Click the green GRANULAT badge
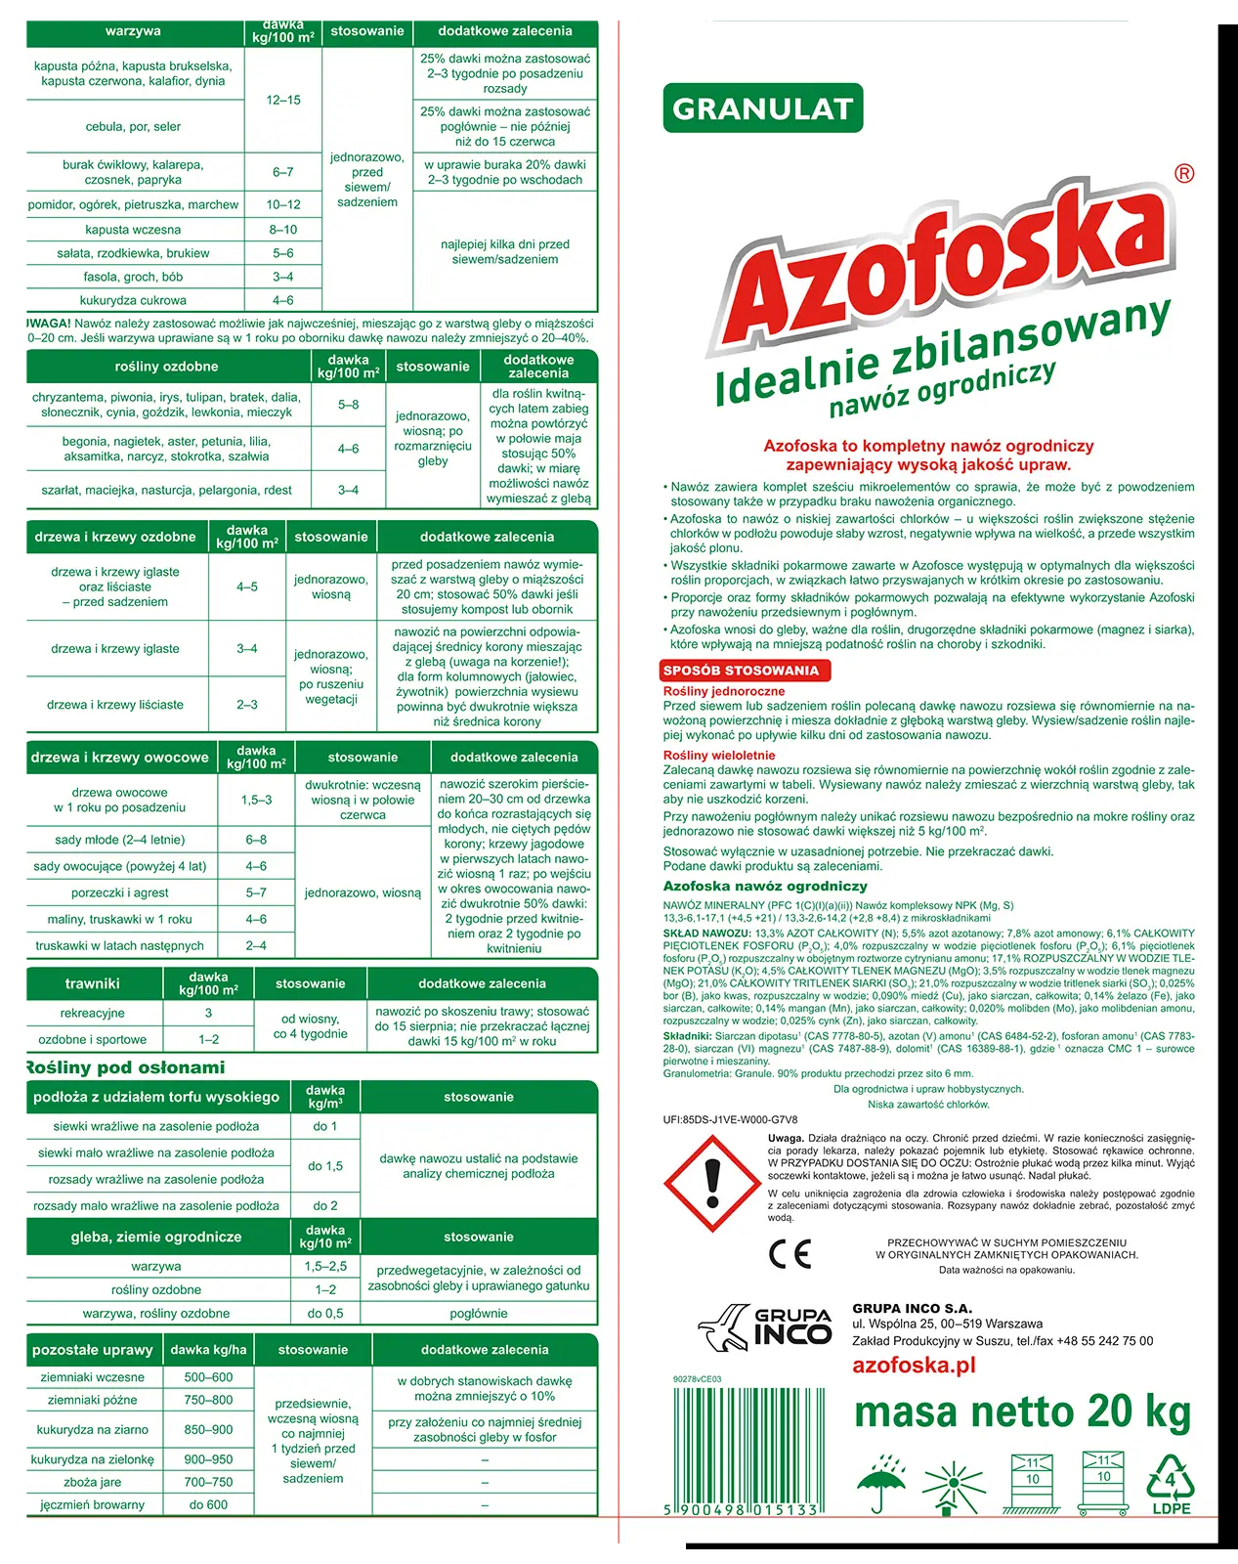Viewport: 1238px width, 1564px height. (x=762, y=109)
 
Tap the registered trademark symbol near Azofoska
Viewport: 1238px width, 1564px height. (x=1183, y=174)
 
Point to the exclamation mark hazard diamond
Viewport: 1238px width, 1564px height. (x=711, y=1183)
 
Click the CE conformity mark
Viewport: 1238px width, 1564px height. (x=790, y=1254)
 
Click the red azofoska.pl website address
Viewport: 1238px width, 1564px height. (x=914, y=1366)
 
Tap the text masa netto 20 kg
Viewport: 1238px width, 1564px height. (x=1022, y=1412)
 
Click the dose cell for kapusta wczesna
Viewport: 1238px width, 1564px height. (x=283, y=230)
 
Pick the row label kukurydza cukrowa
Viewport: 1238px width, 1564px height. (x=133, y=300)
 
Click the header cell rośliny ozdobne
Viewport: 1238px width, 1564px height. (x=166, y=367)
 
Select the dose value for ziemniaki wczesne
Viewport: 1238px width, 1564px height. (x=208, y=1377)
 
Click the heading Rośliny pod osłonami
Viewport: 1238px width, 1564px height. (x=124, y=1067)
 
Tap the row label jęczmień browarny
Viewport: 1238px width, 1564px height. (x=92, y=1504)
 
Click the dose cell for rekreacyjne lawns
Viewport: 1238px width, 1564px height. (x=208, y=1014)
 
